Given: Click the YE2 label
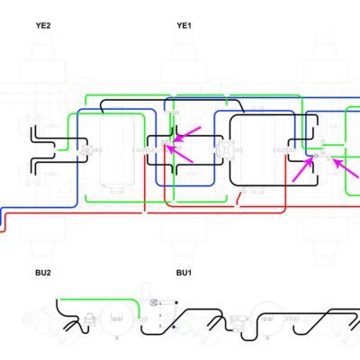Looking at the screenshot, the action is [43, 25].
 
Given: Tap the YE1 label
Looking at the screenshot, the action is [184, 25].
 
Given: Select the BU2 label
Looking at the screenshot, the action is [43, 273].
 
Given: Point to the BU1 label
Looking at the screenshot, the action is [184, 273].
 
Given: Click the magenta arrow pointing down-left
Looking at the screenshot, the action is [187, 134].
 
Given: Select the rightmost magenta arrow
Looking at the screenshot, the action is [346, 169].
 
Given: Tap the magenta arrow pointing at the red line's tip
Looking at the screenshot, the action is [179, 154].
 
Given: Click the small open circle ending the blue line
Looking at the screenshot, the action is [316, 156].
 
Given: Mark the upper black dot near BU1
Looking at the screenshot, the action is [176, 302].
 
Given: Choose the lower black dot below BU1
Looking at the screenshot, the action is [175, 327].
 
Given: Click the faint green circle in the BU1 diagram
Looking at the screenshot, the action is [184, 327].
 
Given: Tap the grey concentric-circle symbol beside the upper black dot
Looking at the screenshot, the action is [154, 302].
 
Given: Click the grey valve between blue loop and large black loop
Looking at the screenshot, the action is [222, 149].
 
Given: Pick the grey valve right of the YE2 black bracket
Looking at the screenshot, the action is [87, 149].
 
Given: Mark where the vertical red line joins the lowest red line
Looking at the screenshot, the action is [145, 213].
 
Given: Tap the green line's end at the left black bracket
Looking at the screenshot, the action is [57, 149].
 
